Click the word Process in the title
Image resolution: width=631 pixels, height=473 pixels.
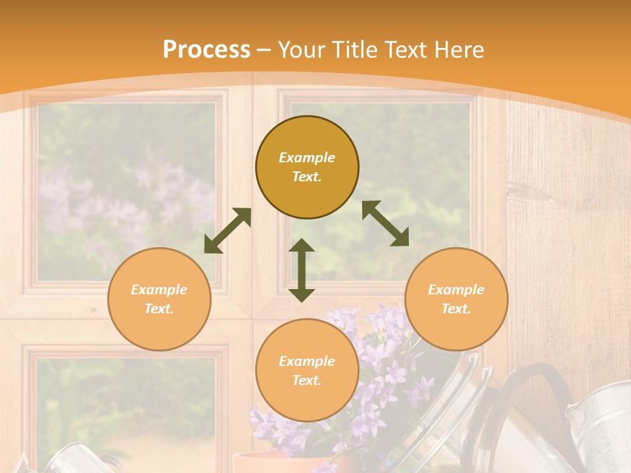[x=206, y=50]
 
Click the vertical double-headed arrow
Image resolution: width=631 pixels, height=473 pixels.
[x=302, y=270]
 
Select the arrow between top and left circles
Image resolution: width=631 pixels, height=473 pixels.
[x=227, y=231]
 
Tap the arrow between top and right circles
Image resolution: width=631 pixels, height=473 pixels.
[x=386, y=223]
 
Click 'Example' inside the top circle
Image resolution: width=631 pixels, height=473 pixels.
[x=307, y=158]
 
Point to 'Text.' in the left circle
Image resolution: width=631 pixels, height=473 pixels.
[x=159, y=309]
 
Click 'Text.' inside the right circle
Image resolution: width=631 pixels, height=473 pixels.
[x=456, y=309]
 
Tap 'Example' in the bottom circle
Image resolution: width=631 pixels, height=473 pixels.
[x=307, y=361]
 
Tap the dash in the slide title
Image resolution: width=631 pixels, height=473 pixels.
[x=264, y=50]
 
